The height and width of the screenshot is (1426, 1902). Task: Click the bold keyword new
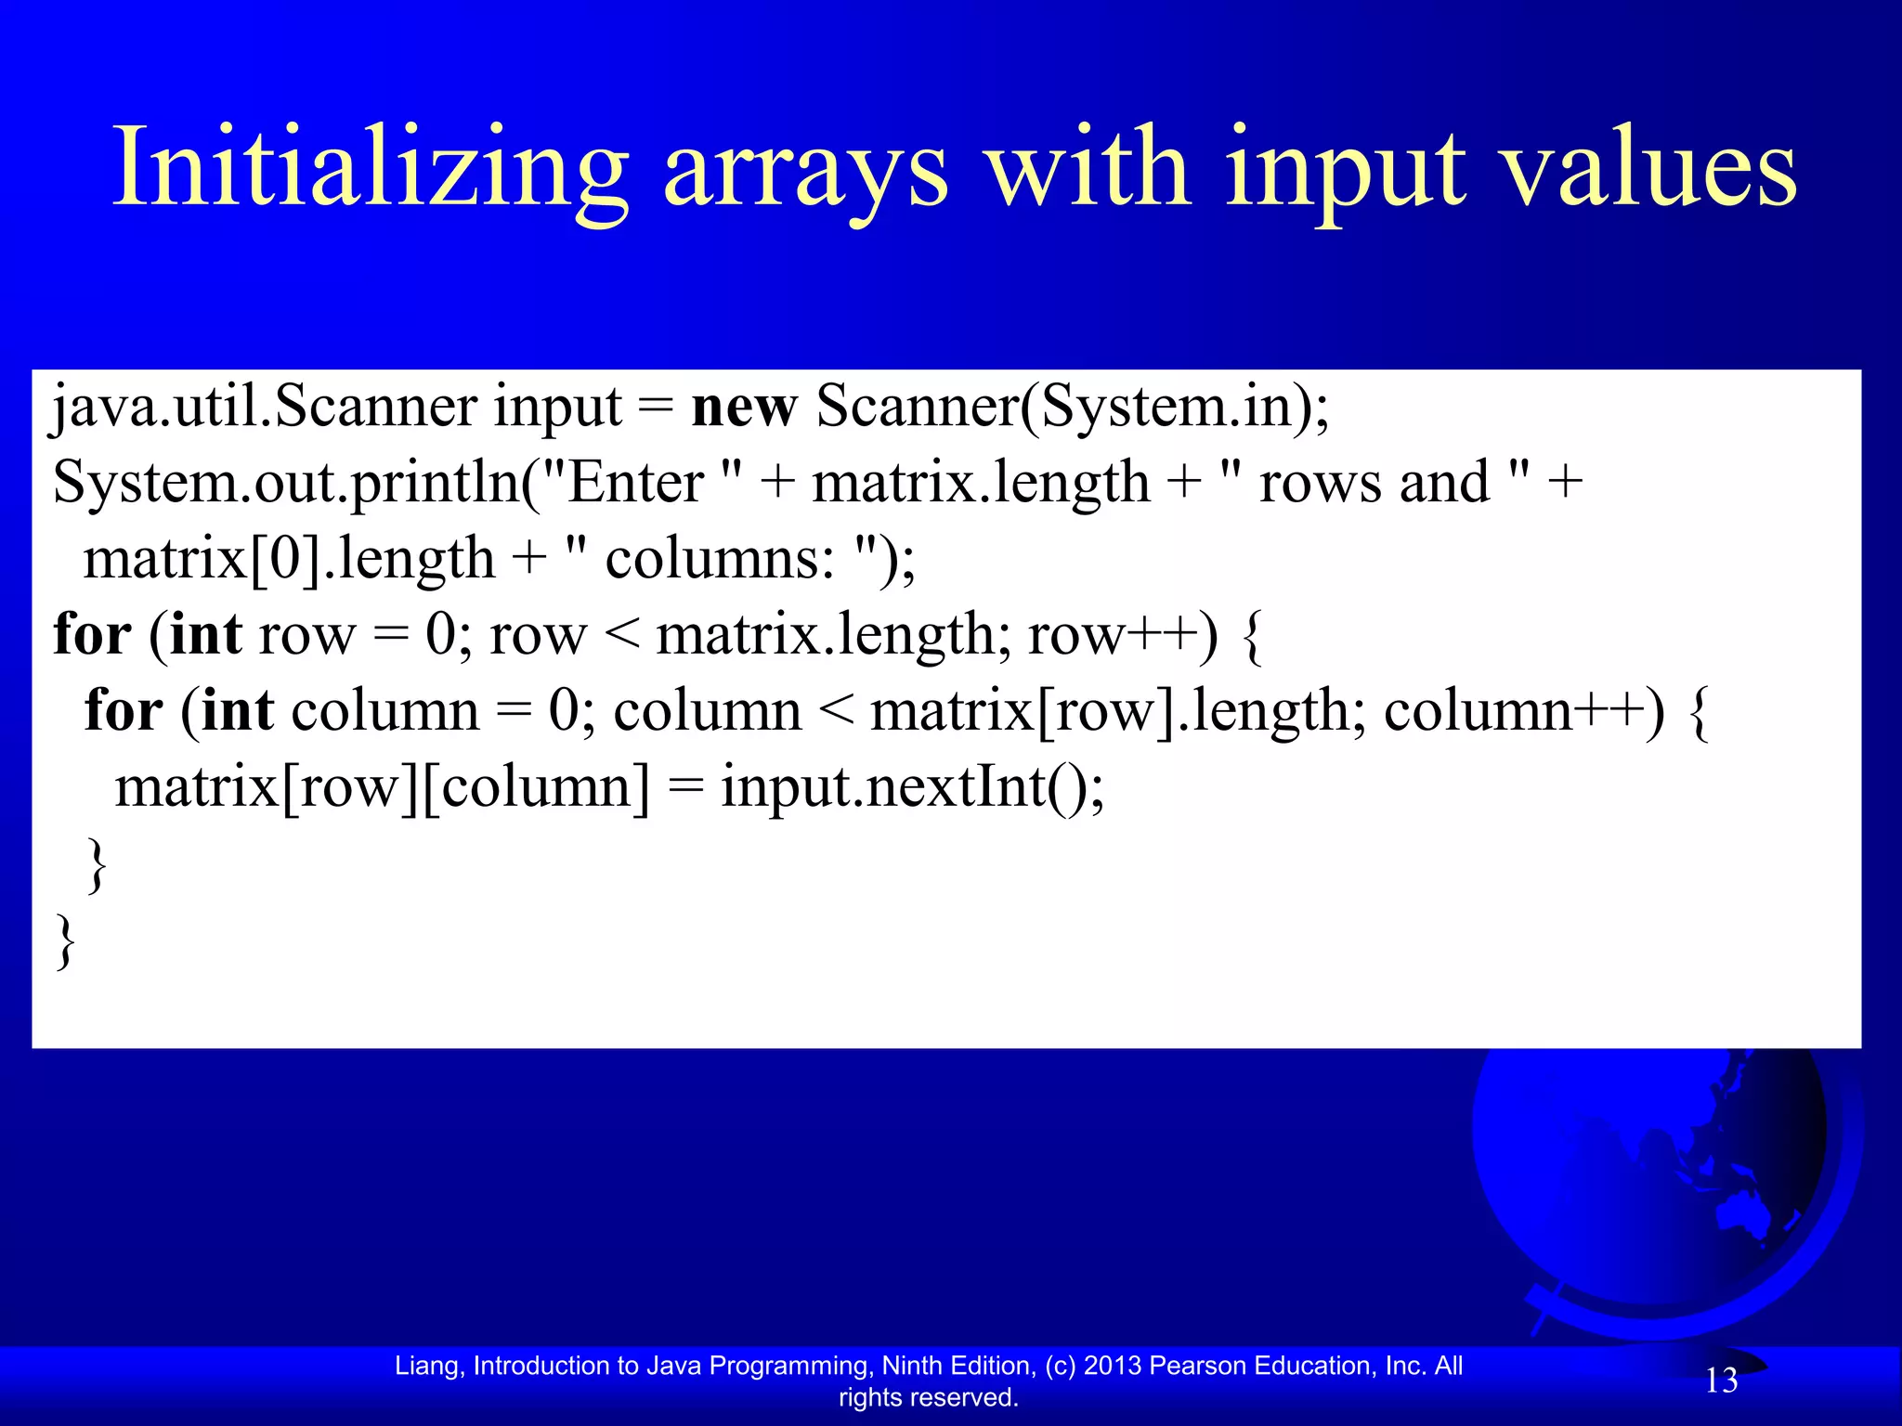click(744, 408)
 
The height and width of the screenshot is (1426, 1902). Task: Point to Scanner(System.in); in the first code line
click(1073, 408)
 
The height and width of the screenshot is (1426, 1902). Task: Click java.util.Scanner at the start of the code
click(264, 408)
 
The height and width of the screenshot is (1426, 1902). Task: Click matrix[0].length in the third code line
click(289, 559)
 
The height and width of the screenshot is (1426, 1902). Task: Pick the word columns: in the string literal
click(720, 559)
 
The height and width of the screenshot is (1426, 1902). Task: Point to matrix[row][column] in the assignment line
click(382, 787)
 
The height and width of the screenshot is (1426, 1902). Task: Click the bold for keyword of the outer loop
click(92, 635)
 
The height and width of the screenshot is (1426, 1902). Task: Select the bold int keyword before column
click(237, 711)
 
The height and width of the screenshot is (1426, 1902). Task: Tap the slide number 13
click(1721, 1381)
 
